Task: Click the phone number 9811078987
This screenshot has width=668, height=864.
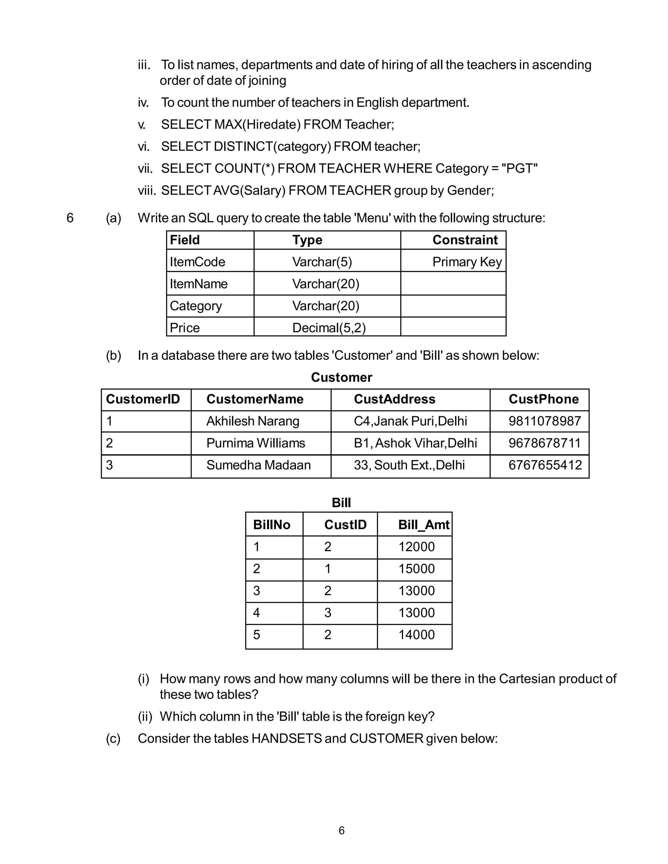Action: [544, 421]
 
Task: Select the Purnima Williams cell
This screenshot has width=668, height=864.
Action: [256, 443]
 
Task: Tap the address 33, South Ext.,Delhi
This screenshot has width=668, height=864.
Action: [409, 465]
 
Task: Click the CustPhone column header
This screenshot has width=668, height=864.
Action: [543, 399]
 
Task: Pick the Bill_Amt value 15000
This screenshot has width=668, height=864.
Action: [416, 569]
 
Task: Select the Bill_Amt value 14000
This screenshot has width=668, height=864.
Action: [416, 634]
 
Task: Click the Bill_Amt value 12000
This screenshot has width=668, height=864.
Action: [416, 547]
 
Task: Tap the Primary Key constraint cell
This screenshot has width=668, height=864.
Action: [467, 262]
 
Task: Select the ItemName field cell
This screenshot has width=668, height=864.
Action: [199, 284]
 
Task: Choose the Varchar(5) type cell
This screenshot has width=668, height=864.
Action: [322, 262]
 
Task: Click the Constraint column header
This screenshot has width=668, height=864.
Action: [465, 240]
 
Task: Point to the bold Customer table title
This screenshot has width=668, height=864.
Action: [341, 378]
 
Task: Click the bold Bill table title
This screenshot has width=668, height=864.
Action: [341, 503]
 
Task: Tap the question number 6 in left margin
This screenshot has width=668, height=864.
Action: [70, 218]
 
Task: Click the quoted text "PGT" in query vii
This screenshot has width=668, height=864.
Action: [519, 169]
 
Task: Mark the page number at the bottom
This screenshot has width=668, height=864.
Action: [342, 831]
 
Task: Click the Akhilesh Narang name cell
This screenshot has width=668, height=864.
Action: [252, 421]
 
